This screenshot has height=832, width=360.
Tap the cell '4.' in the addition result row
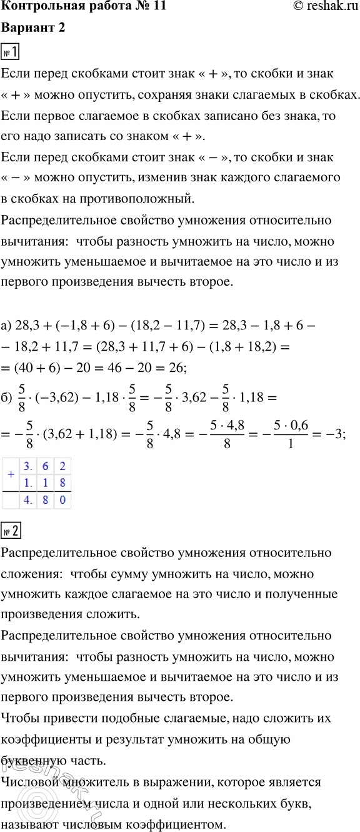(x=27, y=500)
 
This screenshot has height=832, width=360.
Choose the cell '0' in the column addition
(x=62, y=500)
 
